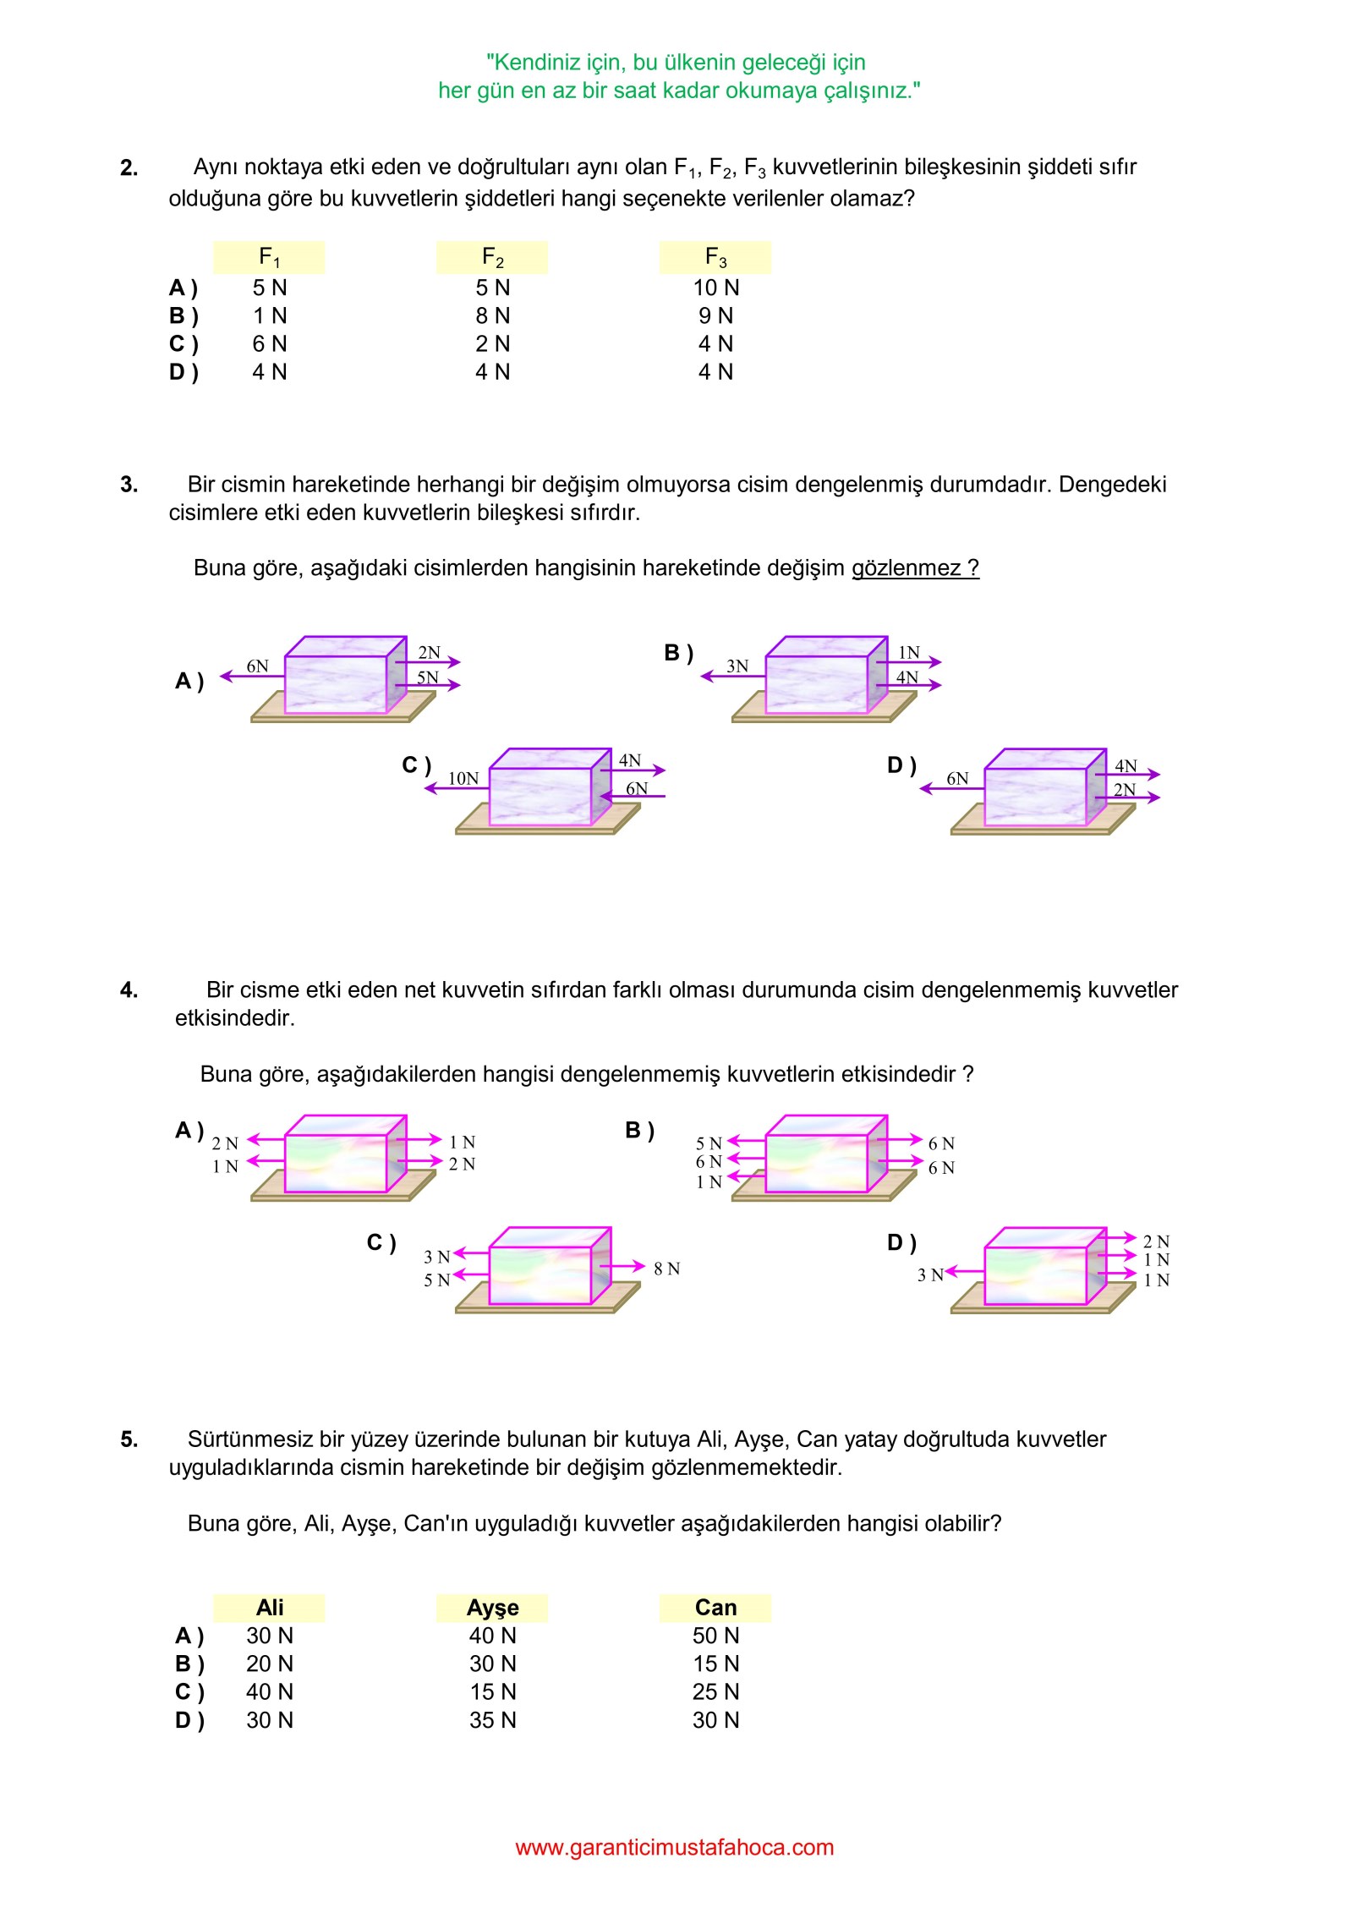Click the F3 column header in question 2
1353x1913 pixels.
[715, 257]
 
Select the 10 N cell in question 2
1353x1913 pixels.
[715, 288]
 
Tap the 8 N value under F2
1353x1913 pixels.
[492, 315]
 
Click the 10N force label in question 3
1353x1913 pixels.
[463, 778]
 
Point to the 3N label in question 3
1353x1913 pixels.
[737, 666]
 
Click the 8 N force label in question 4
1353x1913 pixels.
[666, 1269]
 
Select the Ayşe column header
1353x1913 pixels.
[492, 1608]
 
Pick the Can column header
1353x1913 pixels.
[715, 1608]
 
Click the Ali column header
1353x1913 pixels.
[270, 1608]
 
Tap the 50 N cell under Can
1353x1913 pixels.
[715, 1636]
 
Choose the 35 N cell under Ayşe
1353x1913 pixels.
[492, 1720]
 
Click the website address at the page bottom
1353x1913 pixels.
[675, 1847]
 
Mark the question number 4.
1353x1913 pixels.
[129, 990]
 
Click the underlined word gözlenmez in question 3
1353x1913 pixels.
[906, 567]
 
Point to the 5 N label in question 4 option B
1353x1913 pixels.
[709, 1143]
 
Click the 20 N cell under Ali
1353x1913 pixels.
[270, 1664]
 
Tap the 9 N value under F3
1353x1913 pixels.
[715, 315]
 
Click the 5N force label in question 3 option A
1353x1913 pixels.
[428, 677]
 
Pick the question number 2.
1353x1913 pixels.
[129, 168]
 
